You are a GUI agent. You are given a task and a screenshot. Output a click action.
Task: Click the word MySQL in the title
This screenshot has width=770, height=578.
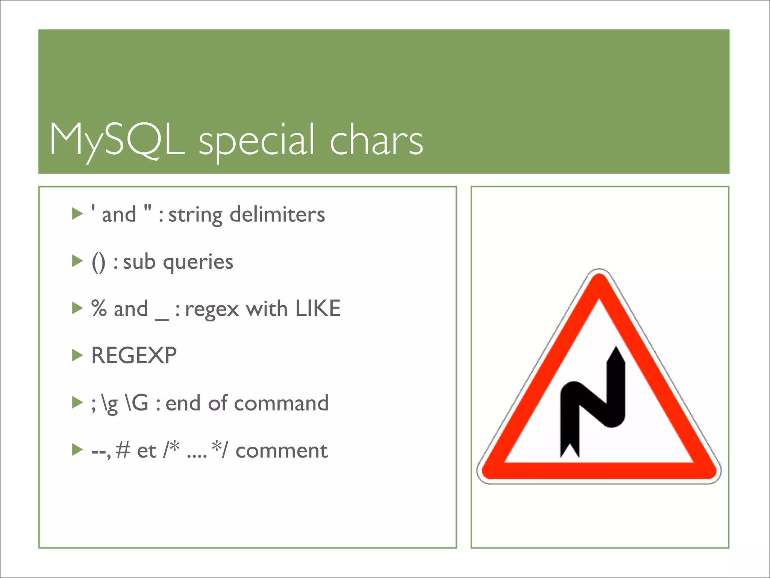point(117,140)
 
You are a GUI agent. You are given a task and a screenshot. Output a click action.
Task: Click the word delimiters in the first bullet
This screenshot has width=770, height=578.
point(277,214)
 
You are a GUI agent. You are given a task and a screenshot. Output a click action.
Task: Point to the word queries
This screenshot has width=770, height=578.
point(198,262)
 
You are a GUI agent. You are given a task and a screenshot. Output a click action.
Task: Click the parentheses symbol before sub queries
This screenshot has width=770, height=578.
point(99,262)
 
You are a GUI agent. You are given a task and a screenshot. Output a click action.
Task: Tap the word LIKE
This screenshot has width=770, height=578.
point(318,309)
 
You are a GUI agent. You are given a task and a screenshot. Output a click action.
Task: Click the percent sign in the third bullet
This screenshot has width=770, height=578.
point(99,309)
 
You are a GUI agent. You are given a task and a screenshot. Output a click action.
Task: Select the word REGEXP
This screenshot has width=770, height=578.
point(134,355)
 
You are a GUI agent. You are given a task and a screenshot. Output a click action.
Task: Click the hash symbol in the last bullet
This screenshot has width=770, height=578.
point(123,450)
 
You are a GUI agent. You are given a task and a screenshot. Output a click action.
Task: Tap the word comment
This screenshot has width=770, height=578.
point(281,450)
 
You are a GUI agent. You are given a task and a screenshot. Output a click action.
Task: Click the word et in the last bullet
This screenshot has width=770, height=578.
point(147,450)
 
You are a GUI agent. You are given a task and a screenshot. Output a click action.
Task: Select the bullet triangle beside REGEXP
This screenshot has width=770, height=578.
point(77,355)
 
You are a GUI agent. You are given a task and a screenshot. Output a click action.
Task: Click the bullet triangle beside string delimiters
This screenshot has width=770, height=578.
point(77,214)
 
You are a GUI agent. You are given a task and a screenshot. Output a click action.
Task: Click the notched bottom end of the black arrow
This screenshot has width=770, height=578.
point(570,450)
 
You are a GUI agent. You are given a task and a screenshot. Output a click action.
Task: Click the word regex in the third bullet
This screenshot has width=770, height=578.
point(212,309)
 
